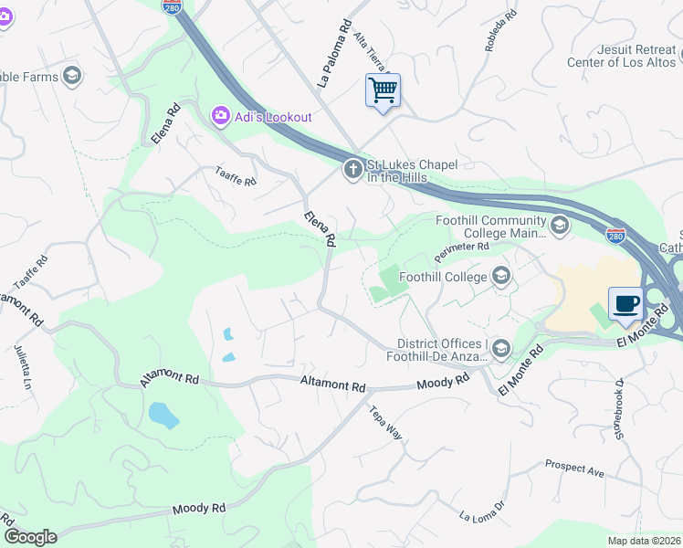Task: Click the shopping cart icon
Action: (383, 90)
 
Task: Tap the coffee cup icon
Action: (625, 304)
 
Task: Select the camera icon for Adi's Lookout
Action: (220, 116)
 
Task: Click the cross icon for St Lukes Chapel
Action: (353, 170)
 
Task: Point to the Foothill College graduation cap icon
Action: (500, 275)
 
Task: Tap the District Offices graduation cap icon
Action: (501, 348)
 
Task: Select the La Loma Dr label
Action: (481, 515)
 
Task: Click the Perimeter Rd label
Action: (462, 248)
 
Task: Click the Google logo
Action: (30, 537)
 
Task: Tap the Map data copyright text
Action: (644, 541)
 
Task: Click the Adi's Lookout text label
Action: (273, 117)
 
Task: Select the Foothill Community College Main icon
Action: (560, 224)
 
